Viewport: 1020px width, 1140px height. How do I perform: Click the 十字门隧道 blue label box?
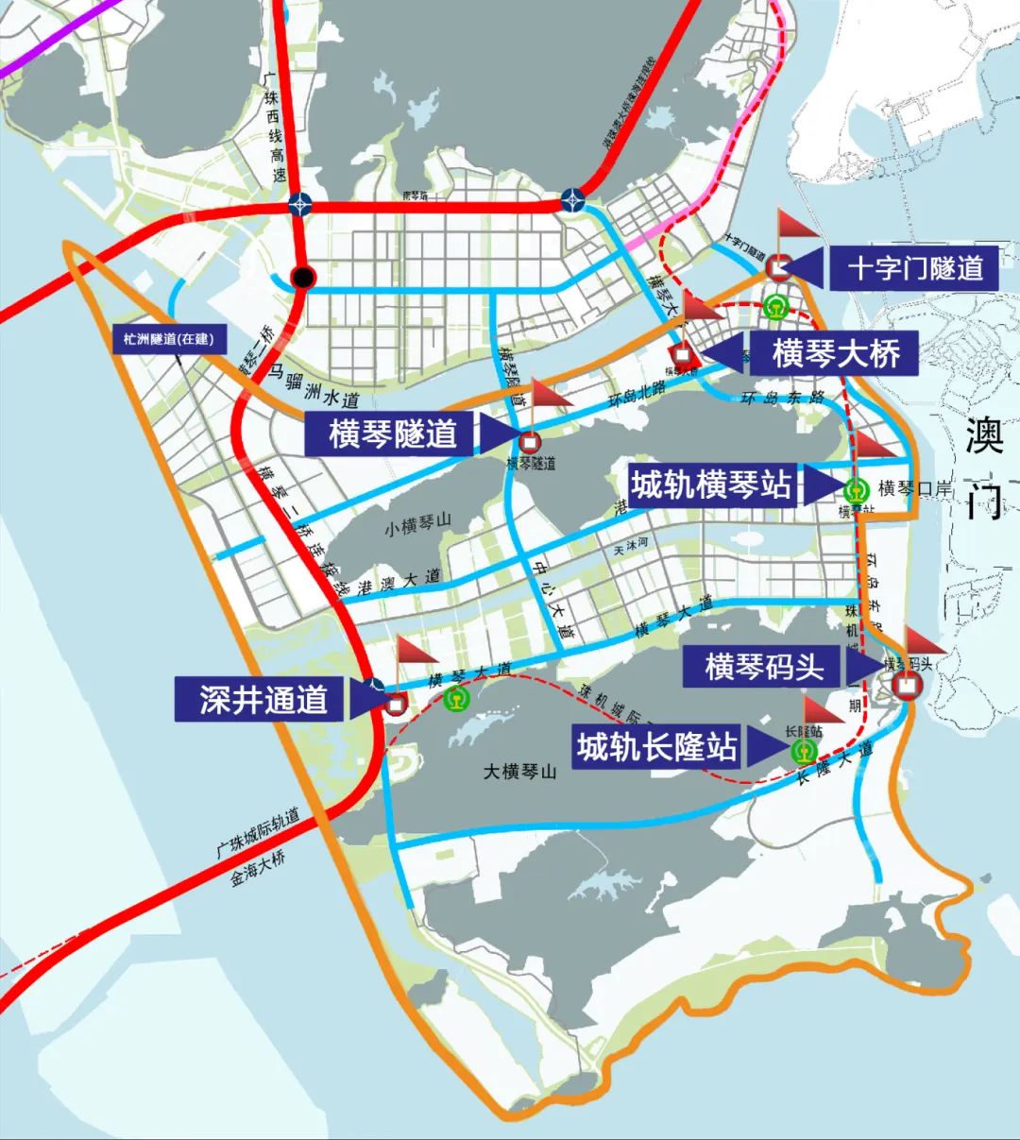(x=914, y=268)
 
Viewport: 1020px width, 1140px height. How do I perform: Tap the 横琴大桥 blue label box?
(x=836, y=353)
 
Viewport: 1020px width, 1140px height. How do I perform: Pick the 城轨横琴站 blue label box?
(x=711, y=485)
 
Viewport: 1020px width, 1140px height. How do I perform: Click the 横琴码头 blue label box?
(x=763, y=667)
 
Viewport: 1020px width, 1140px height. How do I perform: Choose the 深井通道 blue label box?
(x=263, y=699)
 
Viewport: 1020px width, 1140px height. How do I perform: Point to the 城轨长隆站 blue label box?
(x=657, y=748)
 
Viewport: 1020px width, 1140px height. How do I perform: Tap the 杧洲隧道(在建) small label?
(x=163, y=338)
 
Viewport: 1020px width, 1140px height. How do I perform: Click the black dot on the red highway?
(x=302, y=277)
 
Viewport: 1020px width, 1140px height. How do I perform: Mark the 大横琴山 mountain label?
(x=520, y=772)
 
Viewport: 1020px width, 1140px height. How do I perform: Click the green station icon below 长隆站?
(x=804, y=752)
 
